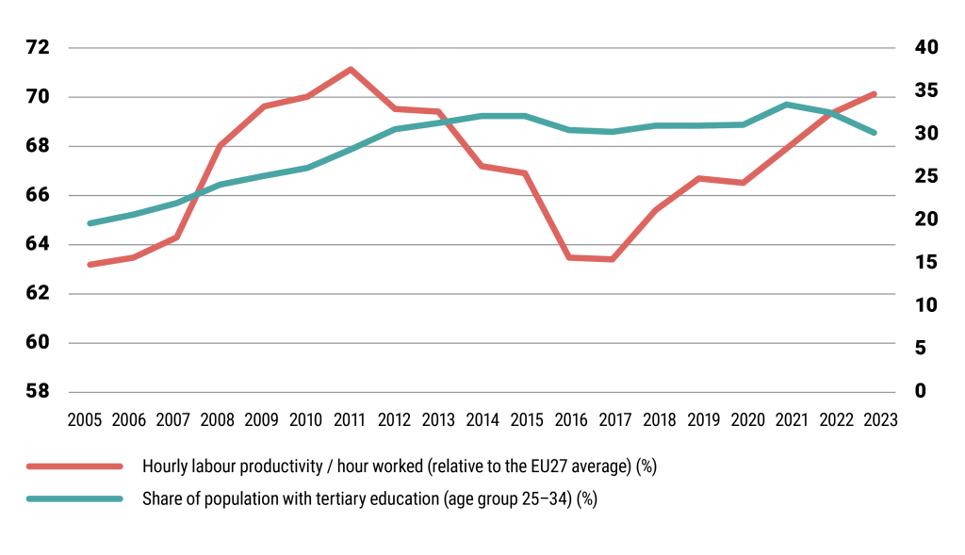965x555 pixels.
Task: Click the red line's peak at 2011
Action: click(351, 70)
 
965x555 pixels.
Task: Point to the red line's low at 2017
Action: click(613, 259)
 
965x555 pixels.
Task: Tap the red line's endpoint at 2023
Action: click(875, 94)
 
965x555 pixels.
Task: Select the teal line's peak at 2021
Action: click(787, 105)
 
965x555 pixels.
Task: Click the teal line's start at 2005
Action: click(90, 223)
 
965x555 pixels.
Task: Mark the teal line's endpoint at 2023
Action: click(875, 133)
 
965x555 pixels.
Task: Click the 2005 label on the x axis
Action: click(87, 421)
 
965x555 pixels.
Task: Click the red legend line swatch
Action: click(75, 466)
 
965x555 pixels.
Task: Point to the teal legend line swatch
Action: click(75, 499)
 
